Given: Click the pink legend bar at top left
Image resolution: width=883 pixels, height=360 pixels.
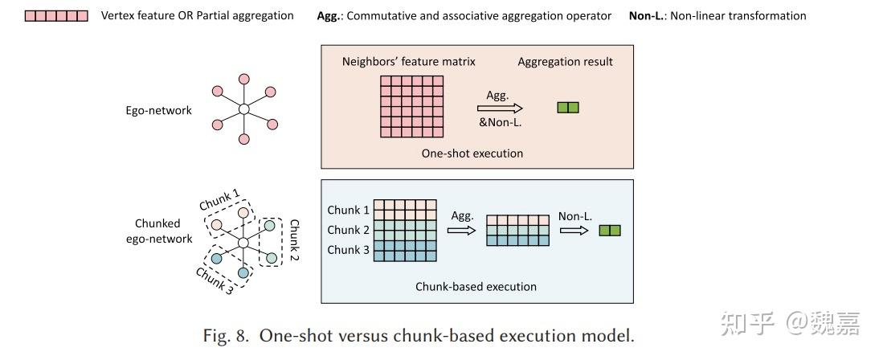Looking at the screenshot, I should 56,15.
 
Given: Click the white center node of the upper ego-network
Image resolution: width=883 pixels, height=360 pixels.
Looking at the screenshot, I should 244,108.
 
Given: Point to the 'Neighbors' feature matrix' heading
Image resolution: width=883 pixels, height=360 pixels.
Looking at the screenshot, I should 409,62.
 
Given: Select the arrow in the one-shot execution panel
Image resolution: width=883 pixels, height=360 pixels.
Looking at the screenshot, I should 500,108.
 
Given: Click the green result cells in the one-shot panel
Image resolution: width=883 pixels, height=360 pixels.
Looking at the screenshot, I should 567,108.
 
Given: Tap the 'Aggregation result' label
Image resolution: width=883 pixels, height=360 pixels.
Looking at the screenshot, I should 565,62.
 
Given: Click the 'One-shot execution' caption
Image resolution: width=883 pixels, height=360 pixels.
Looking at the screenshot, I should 472,153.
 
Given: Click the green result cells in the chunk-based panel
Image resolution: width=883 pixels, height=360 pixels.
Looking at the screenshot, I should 610,231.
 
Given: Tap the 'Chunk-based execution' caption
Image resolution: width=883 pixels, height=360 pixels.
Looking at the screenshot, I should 476,286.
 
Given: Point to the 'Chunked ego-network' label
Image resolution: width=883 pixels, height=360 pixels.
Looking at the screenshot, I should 164,231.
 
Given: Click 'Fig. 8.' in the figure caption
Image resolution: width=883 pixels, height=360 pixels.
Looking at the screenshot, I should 227,336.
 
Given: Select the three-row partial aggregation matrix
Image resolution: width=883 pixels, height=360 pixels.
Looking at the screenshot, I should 517,231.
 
